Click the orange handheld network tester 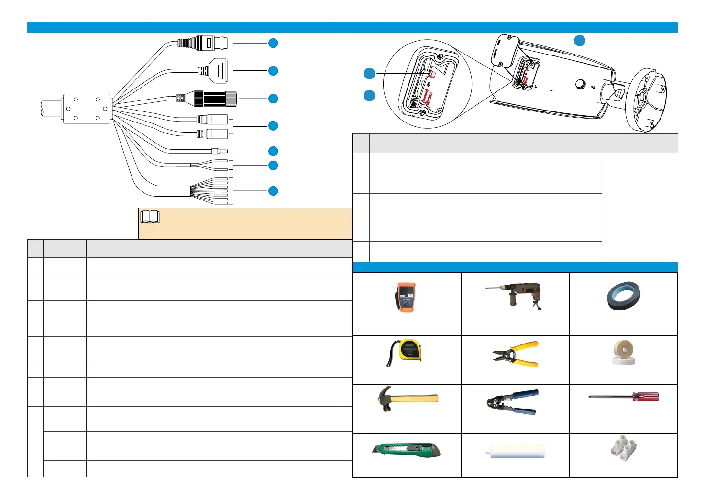tap(406, 298)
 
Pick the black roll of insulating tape tap(624, 296)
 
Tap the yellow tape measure tap(407, 351)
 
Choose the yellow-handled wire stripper tap(517, 355)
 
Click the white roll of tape tap(623, 353)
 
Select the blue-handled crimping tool tap(512, 402)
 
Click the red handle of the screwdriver tap(646, 397)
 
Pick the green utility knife tap(406, 450)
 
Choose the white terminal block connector tap(623, 449)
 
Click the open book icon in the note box tap(150, 217)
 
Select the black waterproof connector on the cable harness tap(214, 98)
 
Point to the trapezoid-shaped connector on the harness tap(218, 70)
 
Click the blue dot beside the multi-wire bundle tap(273, 191)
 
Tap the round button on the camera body tap(581, 84)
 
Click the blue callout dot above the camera tap(580, 41)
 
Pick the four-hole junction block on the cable tap(87, 109)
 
